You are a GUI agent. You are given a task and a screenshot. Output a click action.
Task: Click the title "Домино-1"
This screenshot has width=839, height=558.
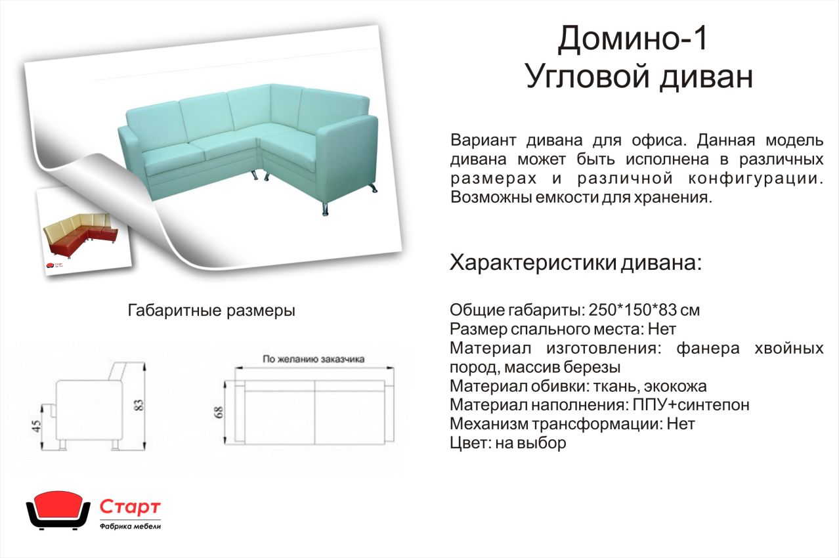click(x=632, y=39)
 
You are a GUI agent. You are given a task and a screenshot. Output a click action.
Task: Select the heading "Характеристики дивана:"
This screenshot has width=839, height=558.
click(x=576, y=263)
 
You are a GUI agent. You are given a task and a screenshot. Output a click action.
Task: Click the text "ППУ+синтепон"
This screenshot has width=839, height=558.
click(x=691, y=405)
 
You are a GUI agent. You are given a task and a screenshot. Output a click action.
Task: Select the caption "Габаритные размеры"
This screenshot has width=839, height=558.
click(x=211, y=311)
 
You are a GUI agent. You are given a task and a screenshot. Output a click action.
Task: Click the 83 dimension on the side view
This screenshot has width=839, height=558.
click(x=139, y=405)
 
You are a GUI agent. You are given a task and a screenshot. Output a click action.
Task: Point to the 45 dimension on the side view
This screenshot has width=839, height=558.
click(x=36, y=426)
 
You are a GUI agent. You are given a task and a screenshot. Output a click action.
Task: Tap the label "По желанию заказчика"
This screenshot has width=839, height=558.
click(x=314, y=359)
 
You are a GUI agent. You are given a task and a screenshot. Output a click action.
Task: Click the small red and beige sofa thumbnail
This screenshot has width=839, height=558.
click(x=81, y=233)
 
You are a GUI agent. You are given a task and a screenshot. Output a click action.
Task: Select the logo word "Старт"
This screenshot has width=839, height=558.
click(x=130, y=507)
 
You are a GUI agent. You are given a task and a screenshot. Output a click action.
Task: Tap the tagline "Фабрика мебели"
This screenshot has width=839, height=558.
click(x=131, y=526)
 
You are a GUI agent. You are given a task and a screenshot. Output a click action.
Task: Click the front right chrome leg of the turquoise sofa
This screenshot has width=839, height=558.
click(x=325, y=209)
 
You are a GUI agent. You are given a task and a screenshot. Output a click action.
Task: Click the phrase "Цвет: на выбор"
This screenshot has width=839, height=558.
click(x=508, y=443)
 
